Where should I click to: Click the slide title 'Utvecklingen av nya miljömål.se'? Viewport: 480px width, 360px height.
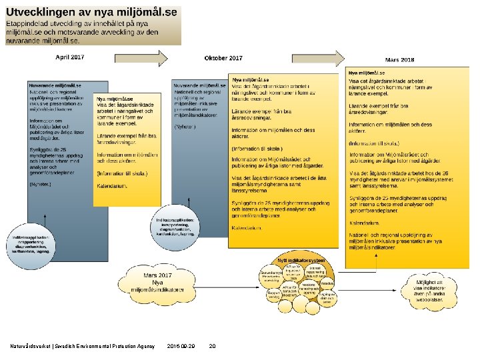(92, 12)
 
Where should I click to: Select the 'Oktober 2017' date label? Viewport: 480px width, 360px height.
(223, 58)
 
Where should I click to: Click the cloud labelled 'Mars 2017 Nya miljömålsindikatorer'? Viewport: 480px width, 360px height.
(157, 281)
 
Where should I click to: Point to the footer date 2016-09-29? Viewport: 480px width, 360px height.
(181, 346)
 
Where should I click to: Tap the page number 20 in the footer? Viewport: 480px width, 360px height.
(212, 346)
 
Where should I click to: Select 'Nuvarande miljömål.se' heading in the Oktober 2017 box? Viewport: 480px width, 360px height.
(193, 85)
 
